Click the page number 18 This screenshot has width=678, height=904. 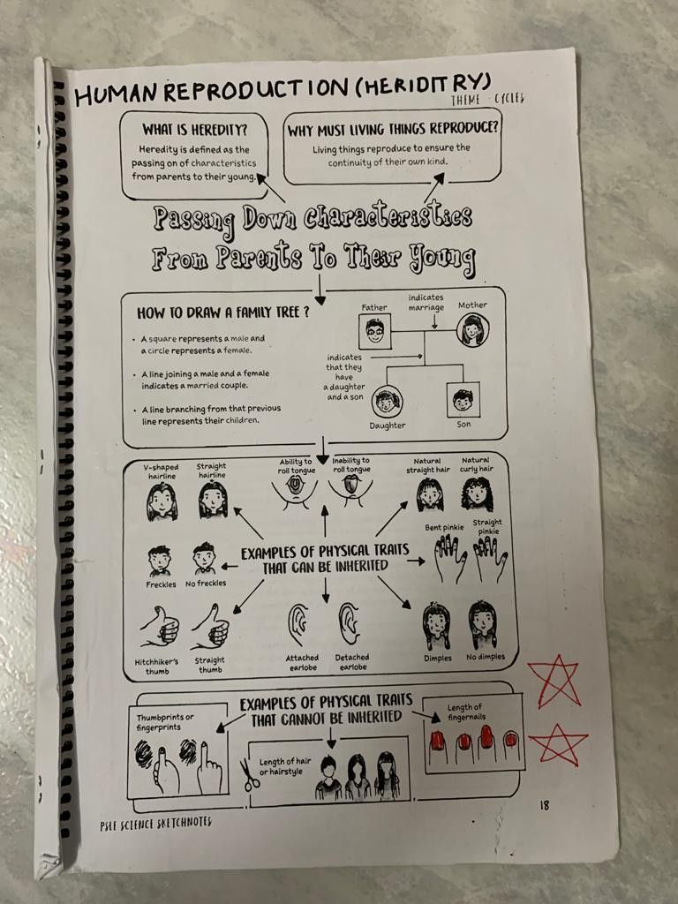point(544,805)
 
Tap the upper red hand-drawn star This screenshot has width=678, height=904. point(554,682)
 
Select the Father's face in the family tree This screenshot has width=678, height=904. point(374,332)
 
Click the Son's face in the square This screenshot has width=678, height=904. point(463,400)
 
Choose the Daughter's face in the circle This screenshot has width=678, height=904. point(387,402)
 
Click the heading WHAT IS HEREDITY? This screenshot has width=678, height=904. point(194,129)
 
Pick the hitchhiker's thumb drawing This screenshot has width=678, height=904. point(159,629)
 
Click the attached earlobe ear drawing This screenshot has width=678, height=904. point(298,625)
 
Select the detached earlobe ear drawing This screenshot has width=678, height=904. point(350,623)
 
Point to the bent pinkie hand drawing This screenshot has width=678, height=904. point(450,559)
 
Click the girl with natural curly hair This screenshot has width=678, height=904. point(477,494)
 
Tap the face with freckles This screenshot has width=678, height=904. point(160,560)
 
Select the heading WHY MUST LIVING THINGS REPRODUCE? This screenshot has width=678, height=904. point(393,129)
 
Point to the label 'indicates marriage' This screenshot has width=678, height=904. point(426,302)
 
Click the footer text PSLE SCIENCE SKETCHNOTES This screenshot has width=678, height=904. point(155,823)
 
